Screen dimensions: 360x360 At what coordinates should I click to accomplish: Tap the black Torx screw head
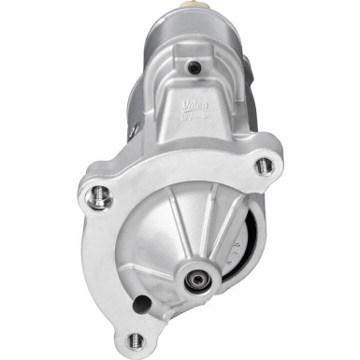[194, 67]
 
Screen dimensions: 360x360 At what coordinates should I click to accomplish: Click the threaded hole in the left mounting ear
[102, 197]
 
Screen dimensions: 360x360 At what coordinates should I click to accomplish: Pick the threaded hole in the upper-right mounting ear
[265, 166]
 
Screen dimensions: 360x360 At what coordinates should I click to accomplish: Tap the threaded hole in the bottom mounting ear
[137, 340]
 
